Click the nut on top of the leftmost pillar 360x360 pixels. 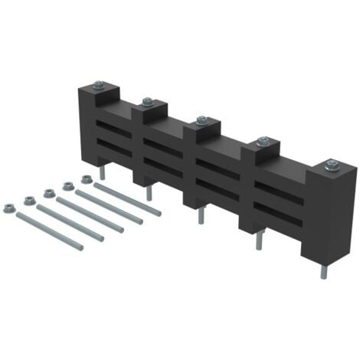pos(100,84)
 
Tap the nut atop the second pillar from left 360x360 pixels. pos(147,101)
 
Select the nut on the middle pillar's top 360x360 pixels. pos(202,120)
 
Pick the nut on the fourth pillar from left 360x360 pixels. pos(263,141)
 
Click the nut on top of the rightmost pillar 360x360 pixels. pos(332,164)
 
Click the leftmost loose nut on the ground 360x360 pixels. pos(9,206)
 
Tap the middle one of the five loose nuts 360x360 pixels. pos(48,192)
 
